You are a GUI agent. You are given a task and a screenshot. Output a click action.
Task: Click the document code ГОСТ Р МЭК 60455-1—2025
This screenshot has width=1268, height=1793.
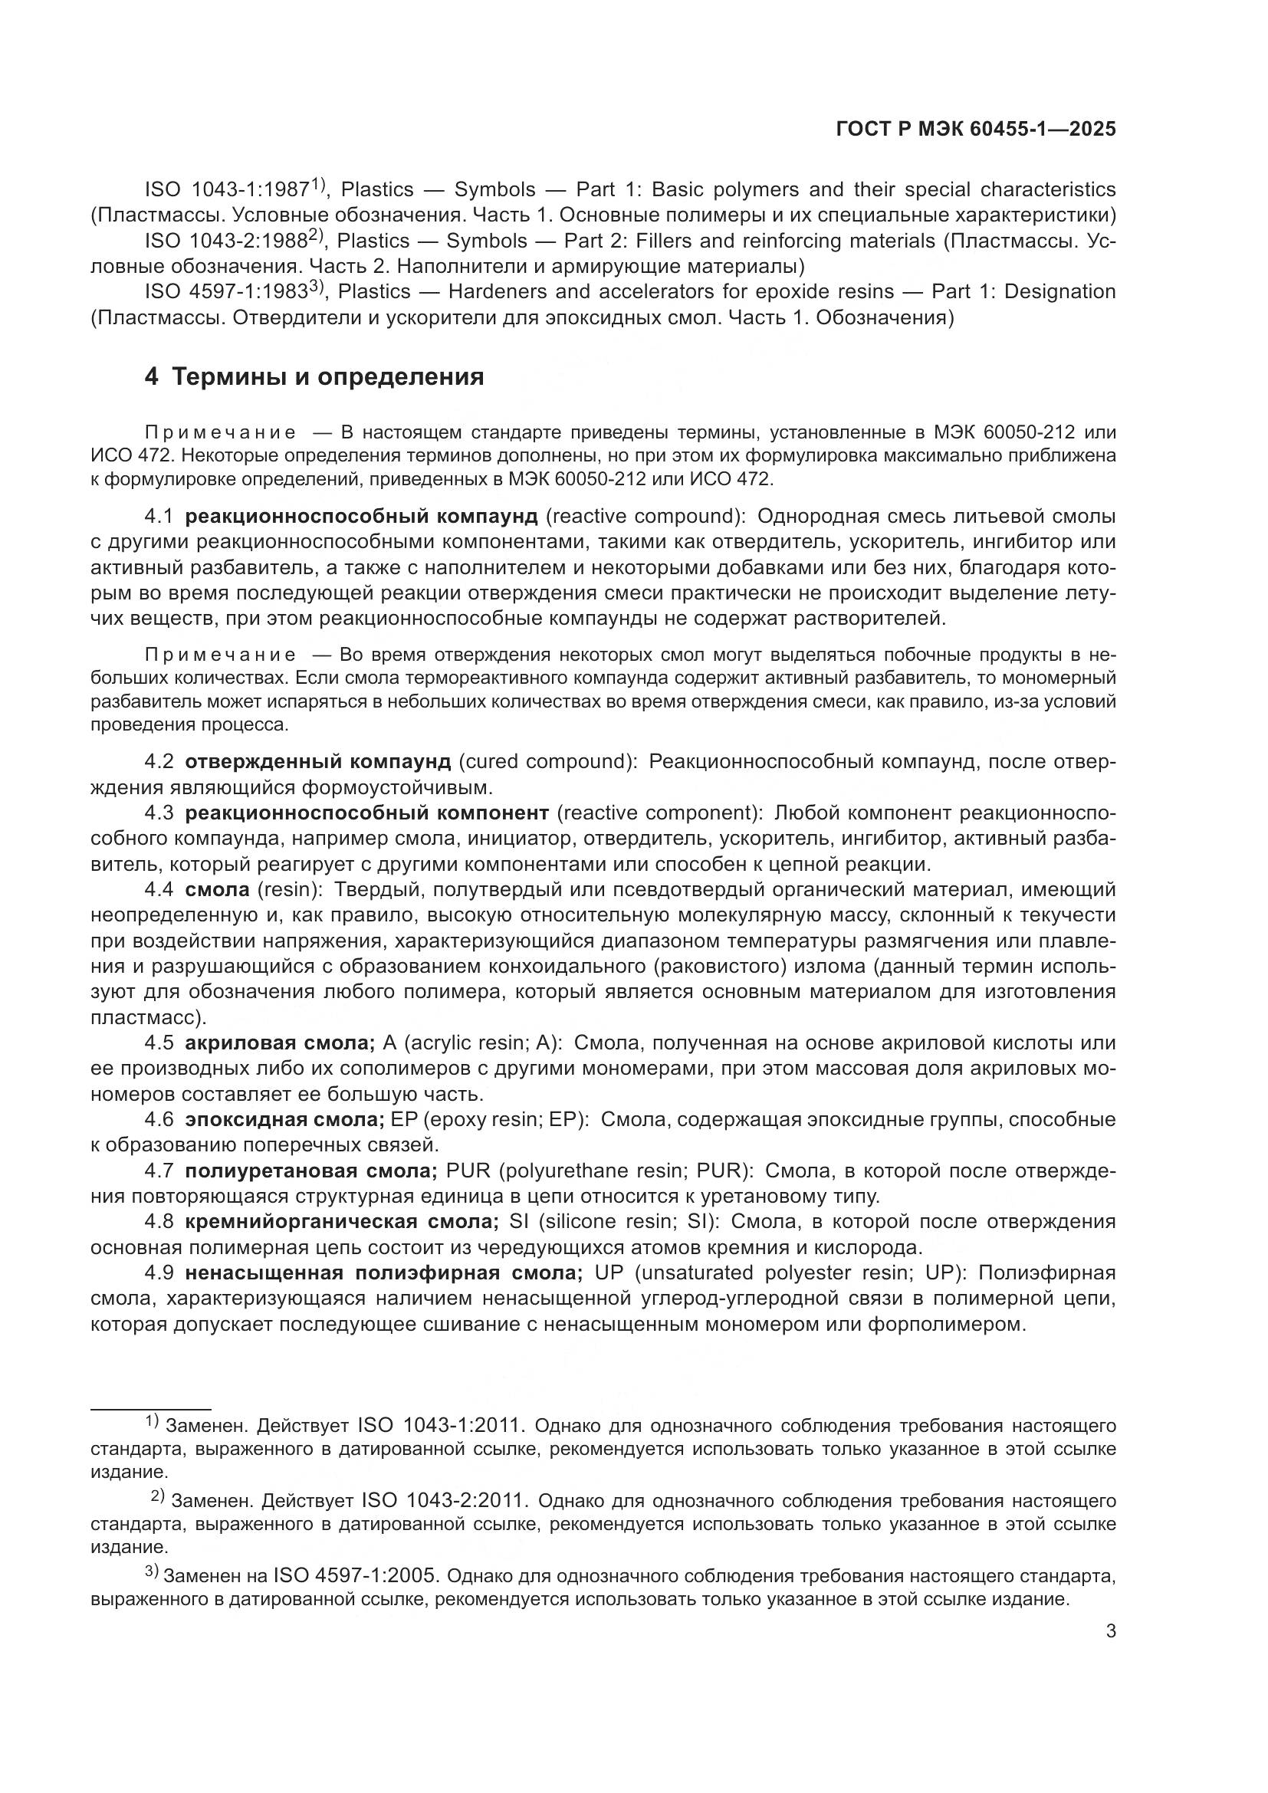pos(975,129)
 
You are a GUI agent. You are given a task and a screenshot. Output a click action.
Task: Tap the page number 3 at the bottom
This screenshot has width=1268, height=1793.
pos(1111,1631)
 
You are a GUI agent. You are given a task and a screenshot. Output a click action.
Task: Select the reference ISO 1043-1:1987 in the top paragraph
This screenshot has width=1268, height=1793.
pos(226,190)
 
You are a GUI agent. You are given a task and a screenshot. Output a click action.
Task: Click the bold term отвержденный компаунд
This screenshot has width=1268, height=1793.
pos(318,761)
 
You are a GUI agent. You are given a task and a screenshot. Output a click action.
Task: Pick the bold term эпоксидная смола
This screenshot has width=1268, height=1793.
pos(284,1120)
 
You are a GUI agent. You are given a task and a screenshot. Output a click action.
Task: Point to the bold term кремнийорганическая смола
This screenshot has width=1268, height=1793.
pos(341,1222)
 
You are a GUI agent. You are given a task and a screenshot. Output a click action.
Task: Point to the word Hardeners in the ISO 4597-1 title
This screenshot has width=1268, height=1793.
pos(498,292)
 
